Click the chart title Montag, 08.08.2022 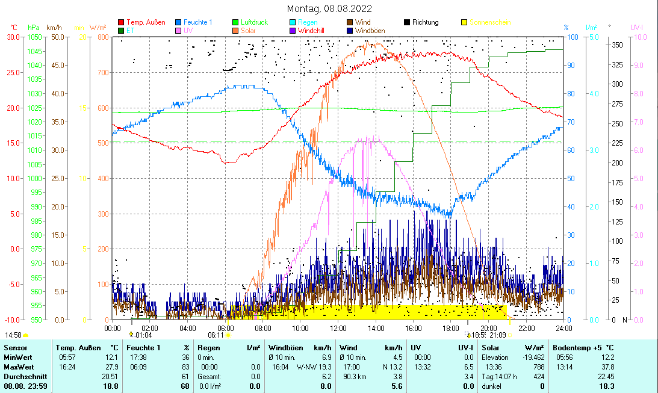(329, 8)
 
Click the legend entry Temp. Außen (146, 22)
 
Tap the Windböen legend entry (373, 30)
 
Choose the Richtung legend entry (426, 22)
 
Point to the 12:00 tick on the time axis (338, 328)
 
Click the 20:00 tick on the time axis (489, 328)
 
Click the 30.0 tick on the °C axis (13, 37)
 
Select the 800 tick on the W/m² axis (104, 37)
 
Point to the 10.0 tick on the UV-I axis (638, 37)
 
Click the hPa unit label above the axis (33, 28)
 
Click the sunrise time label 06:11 (216, 335)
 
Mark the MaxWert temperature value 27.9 (112, 367)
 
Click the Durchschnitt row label (25, 376)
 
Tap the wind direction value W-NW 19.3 (314, 367)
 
